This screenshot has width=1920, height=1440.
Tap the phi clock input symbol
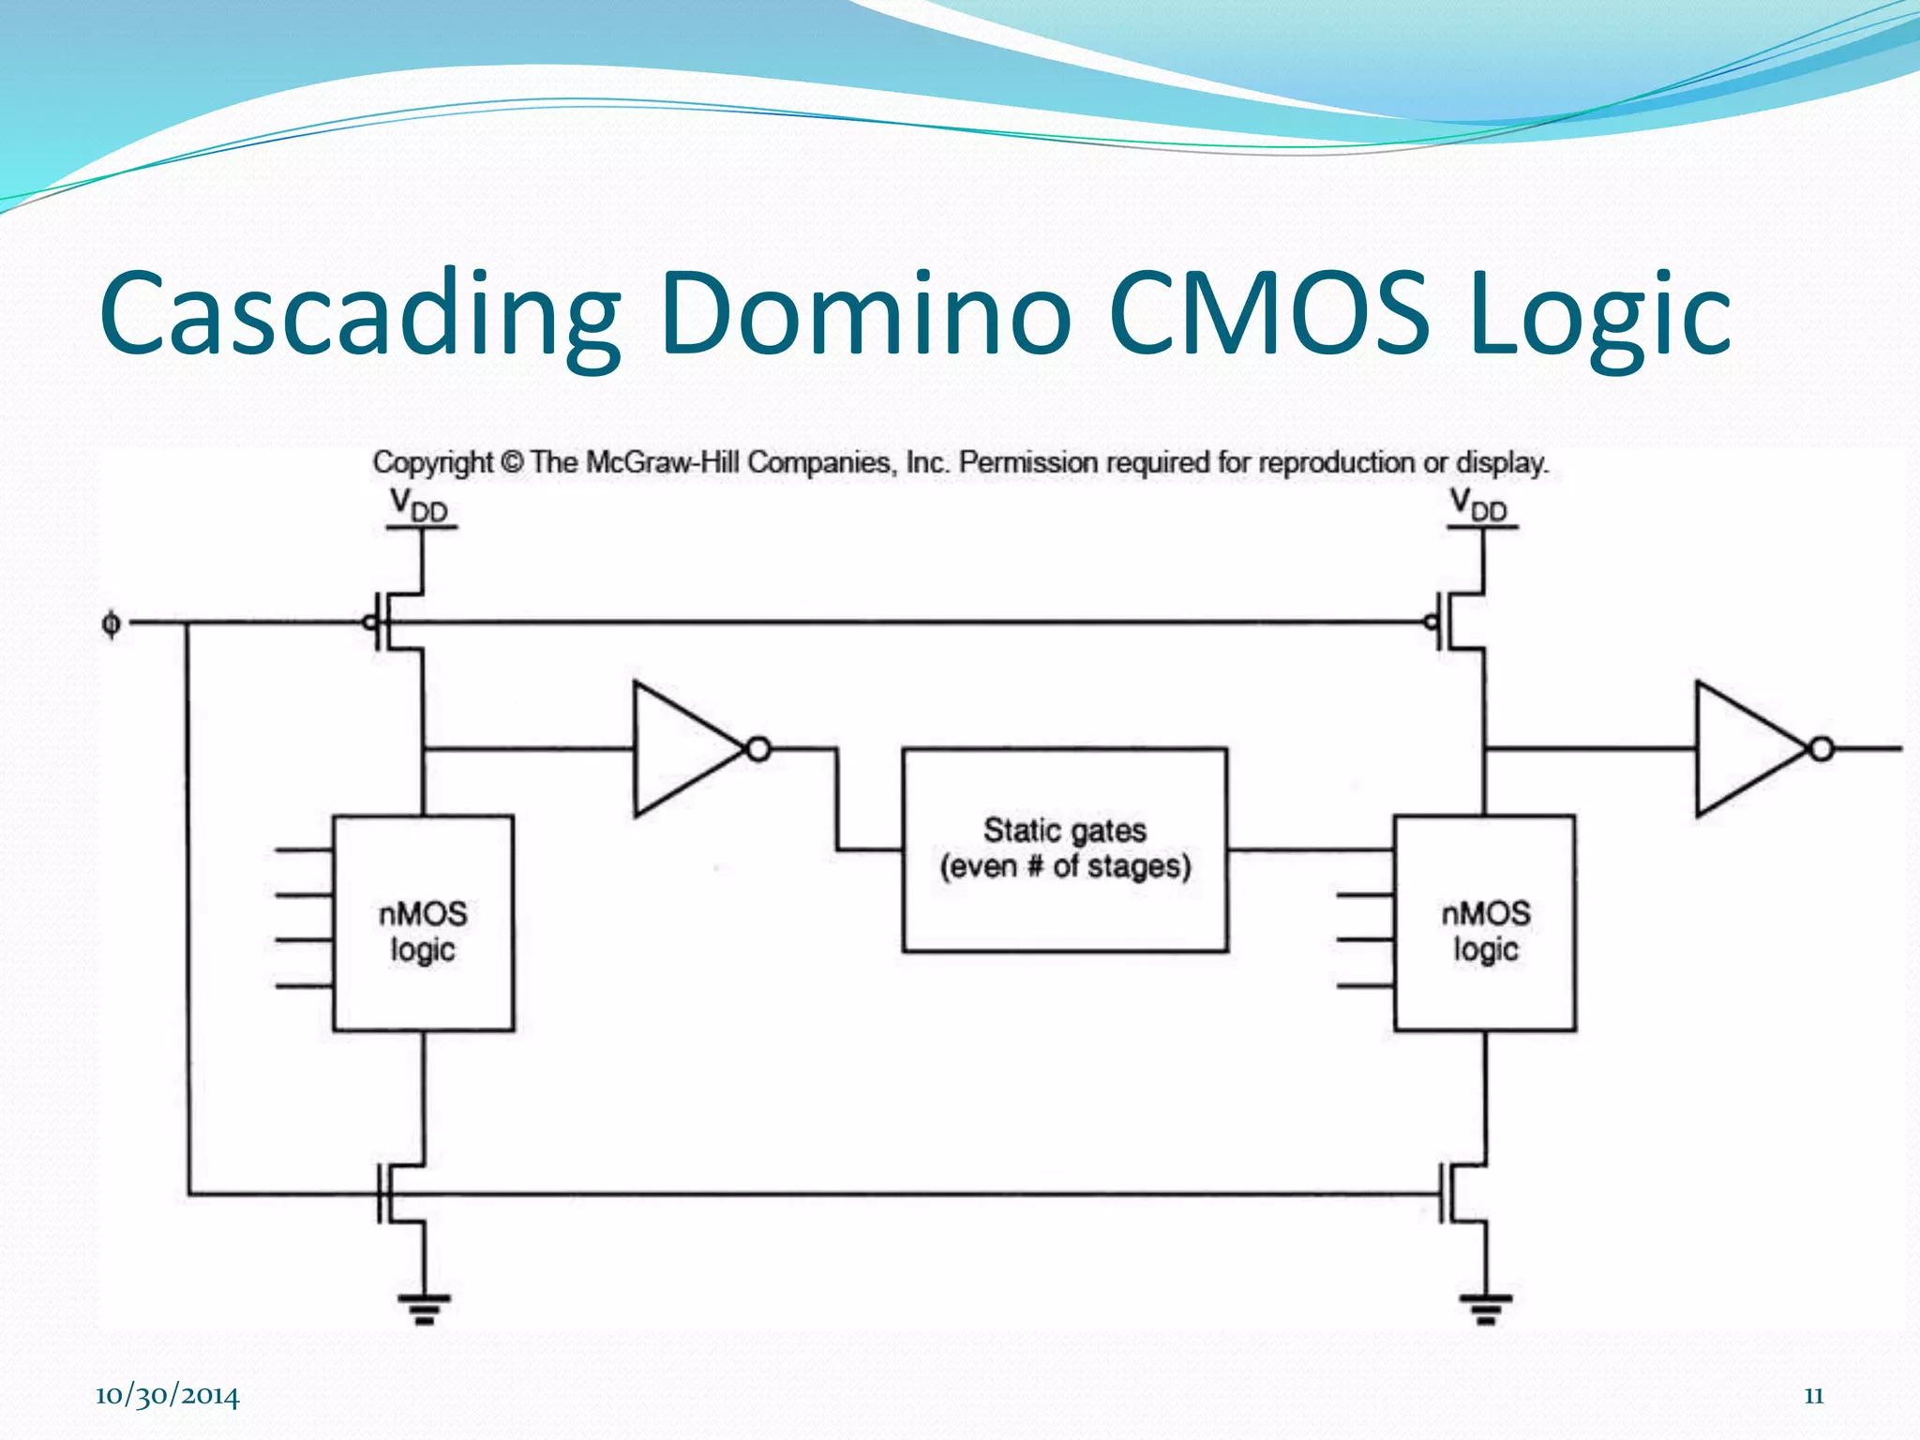coord(111,623)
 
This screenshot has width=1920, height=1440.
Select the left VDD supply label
coord(419,505)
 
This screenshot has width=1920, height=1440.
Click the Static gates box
coord(1065,849)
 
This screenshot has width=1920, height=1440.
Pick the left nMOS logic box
coord(423,923)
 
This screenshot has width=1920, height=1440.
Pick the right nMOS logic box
coord(1485,923)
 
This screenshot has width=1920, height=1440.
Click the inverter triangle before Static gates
coord(684,749)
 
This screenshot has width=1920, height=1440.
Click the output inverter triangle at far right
coord(1746,749)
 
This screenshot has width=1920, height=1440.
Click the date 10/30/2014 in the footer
coord(167,1396)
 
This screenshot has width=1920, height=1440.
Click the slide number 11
coord(1813,1396)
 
